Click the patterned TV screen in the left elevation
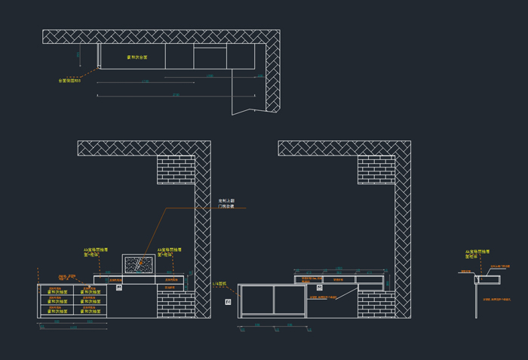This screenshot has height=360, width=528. coord(139,264)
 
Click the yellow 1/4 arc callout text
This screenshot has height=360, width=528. coord(219,284)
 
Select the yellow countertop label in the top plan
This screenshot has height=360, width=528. coord(137,57)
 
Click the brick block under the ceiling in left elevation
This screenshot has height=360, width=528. coord(176,170)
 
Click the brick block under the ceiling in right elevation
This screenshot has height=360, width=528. coord(376,170)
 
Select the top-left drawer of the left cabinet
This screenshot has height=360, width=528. coord(57,291)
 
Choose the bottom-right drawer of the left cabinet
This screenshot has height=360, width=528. coord(90,312)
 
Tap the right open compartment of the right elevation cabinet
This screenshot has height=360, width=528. coord(290,300)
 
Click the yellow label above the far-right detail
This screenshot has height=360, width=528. coord(477,254)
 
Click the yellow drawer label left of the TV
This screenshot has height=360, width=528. coord(96,252)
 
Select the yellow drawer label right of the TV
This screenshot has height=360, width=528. coord(170,252)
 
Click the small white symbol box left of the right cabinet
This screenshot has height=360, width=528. coord(228,302)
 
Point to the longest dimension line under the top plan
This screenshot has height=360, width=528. coord(176,96)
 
